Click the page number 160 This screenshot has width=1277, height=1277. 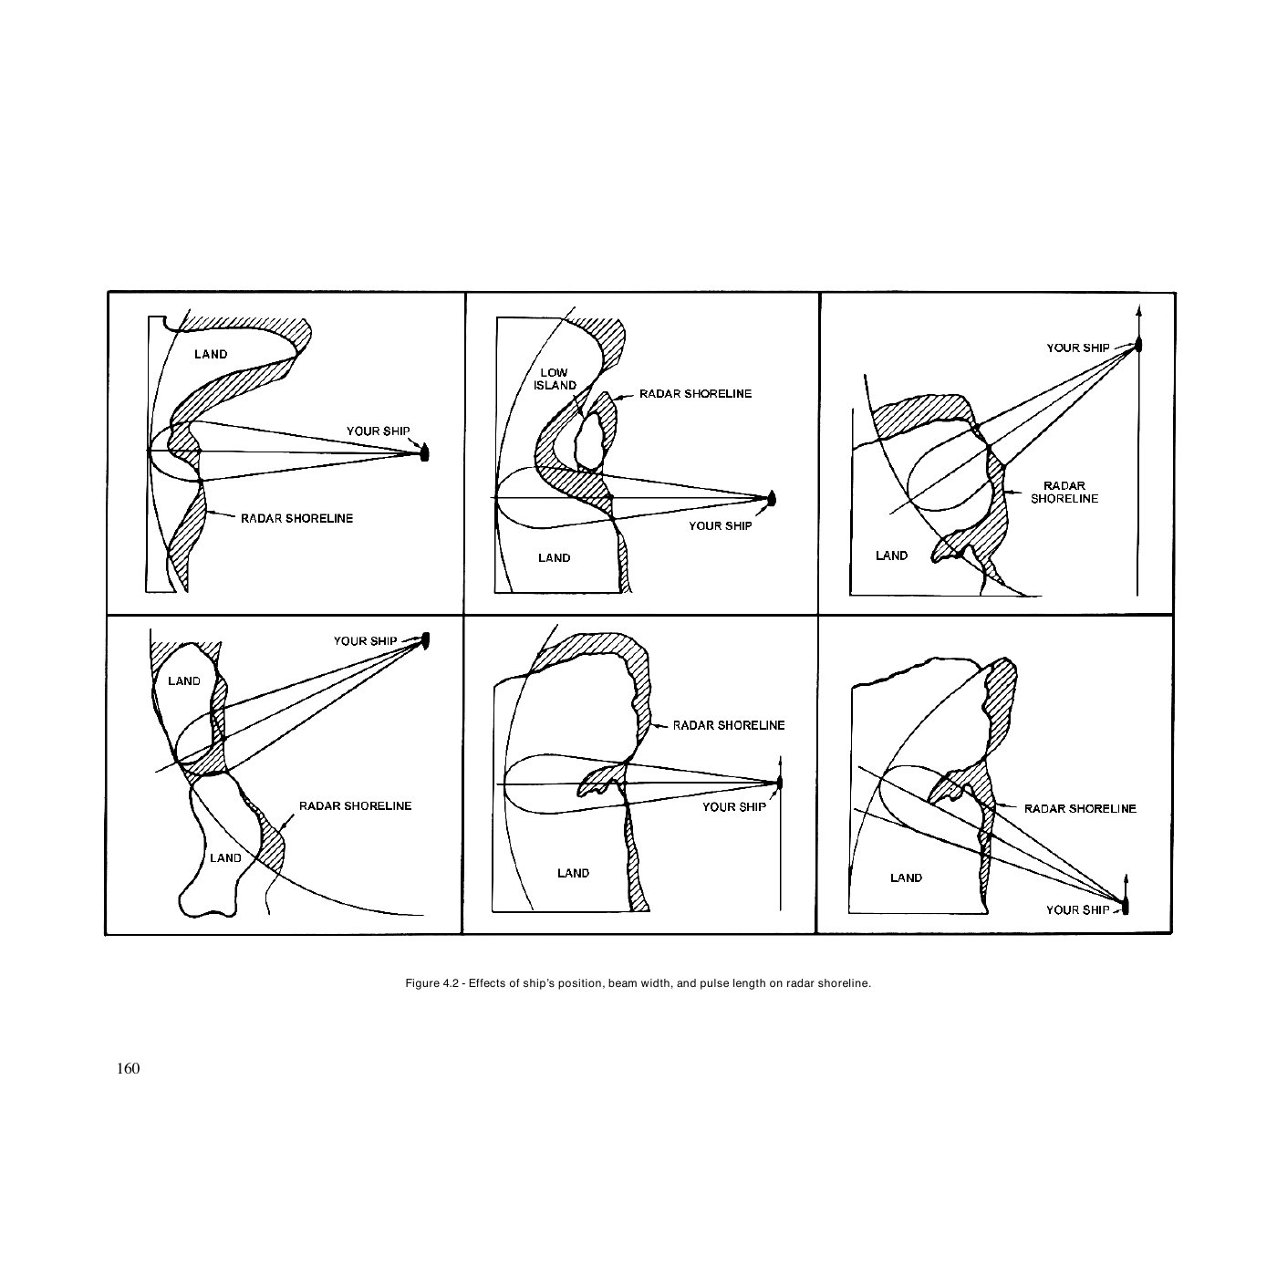pyautogui.click(x=128, y=1068)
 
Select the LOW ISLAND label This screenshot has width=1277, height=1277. pyautogui.click(x=555, y=379)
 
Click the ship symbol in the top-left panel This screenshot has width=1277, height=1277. pyautogui.click(x=424, y=452)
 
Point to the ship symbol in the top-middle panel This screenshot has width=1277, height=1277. pyautogui.click(x=772, y=498)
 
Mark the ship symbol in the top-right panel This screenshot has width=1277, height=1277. pyautogui.click(x=1138, y=345)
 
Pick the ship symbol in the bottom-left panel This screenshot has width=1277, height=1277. pyautogui.click(x=425, y=641)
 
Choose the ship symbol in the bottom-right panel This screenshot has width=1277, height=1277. pyautogui.click(x=1126, y=907)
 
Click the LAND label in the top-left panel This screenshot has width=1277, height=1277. pyautogui.click(x=211, y=355)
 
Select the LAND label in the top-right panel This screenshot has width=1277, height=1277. pyautogui.click(x=891, y=555)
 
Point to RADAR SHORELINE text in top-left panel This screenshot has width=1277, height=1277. pyautogui.click(x=296, y=518)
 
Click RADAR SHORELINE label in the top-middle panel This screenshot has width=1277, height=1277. pyautogui.click(x=695, y=394)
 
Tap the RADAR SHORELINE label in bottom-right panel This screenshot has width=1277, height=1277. pyautogui.click(x=1080, y=808)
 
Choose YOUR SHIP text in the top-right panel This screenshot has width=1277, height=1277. pyautogui.click(x=1077, y=348)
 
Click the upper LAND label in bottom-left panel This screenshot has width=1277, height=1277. pyautogui.click(x=183, y=680)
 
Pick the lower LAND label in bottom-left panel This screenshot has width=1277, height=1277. pyautogui.click(x=225, y=857)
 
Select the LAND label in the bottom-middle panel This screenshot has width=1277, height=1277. pyautogui.click(x=573, y=873)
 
